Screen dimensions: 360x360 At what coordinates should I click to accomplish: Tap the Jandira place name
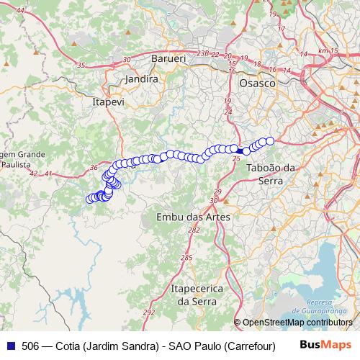141,79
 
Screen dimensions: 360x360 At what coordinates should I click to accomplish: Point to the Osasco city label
258,83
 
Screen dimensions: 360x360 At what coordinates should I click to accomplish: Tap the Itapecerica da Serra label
197,294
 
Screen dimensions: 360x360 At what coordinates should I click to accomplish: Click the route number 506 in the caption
30,345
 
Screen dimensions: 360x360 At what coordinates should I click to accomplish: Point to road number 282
194,230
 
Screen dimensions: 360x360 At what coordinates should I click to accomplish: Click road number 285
186,258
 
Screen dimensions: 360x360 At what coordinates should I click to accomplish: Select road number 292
149,312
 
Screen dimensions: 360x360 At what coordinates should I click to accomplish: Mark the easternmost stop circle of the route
271,141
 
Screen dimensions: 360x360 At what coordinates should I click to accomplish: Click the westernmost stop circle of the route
90,199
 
